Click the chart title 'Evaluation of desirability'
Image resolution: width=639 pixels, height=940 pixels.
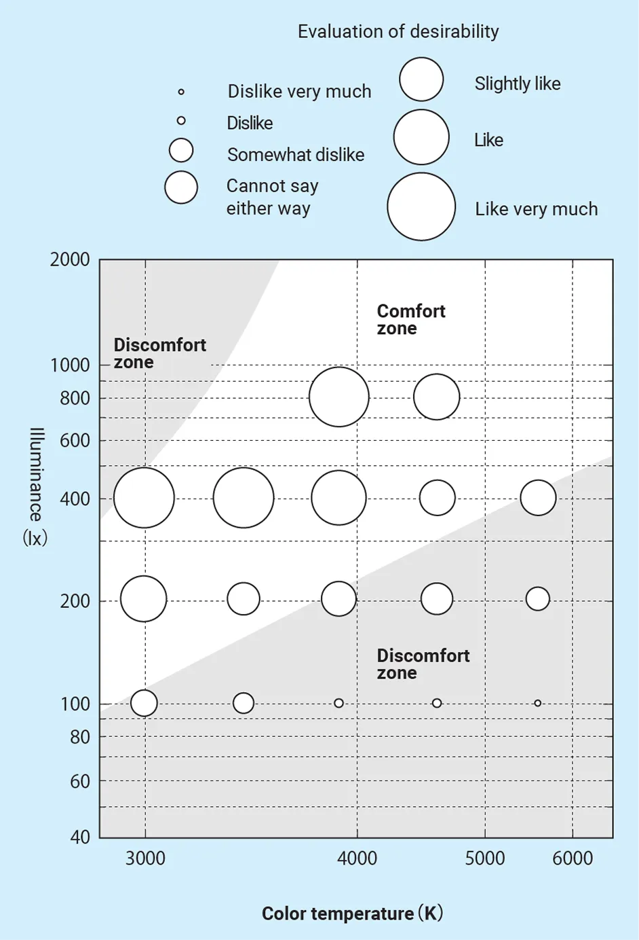[398, 32]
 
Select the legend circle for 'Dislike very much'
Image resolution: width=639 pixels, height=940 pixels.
[181, 92]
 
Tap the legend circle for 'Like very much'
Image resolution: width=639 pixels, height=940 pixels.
[421, 206]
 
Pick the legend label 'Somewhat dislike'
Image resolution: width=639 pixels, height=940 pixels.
[296, 155]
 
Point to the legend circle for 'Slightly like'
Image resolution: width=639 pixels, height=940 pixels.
[421, 79]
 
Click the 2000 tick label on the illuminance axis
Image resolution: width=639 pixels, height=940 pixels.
[70, 259]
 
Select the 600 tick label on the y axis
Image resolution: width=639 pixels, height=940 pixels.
[75, 440]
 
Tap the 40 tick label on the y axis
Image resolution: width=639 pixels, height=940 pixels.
[80, 837]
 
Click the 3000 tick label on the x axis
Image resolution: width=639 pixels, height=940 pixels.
[145, 858]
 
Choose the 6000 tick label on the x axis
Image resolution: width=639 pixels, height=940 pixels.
[573, 858]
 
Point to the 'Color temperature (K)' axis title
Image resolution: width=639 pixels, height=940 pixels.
[352, 914]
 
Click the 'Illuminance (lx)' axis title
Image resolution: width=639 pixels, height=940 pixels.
[35, 487]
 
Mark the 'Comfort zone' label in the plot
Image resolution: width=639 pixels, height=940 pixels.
[410, 320]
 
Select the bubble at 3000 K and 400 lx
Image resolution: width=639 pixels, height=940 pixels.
[144, 498]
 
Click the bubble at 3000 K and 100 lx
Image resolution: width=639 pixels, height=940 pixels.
[144, 703]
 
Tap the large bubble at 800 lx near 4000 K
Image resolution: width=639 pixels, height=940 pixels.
[339, 397]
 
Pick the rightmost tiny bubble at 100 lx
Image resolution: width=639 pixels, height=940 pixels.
[538, 703]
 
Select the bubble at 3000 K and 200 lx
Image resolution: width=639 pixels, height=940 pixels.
[144, 599]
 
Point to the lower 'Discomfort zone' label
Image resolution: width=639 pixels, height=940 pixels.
[423, 664]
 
